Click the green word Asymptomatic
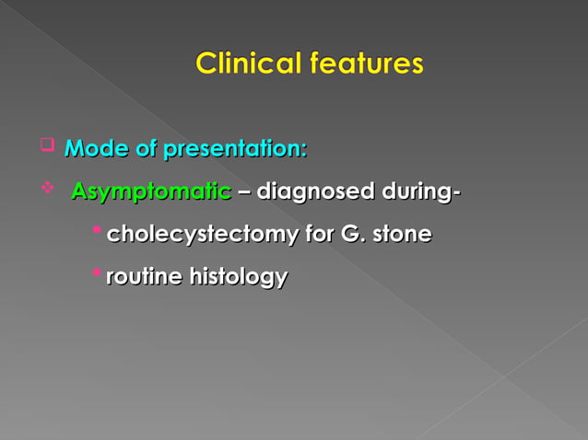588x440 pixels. click(151, 192)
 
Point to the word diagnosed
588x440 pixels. click(314, 192)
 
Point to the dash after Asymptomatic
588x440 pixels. click(243, 193)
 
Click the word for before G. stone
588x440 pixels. click(316, 235)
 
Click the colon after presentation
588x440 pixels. click(304, 150)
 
